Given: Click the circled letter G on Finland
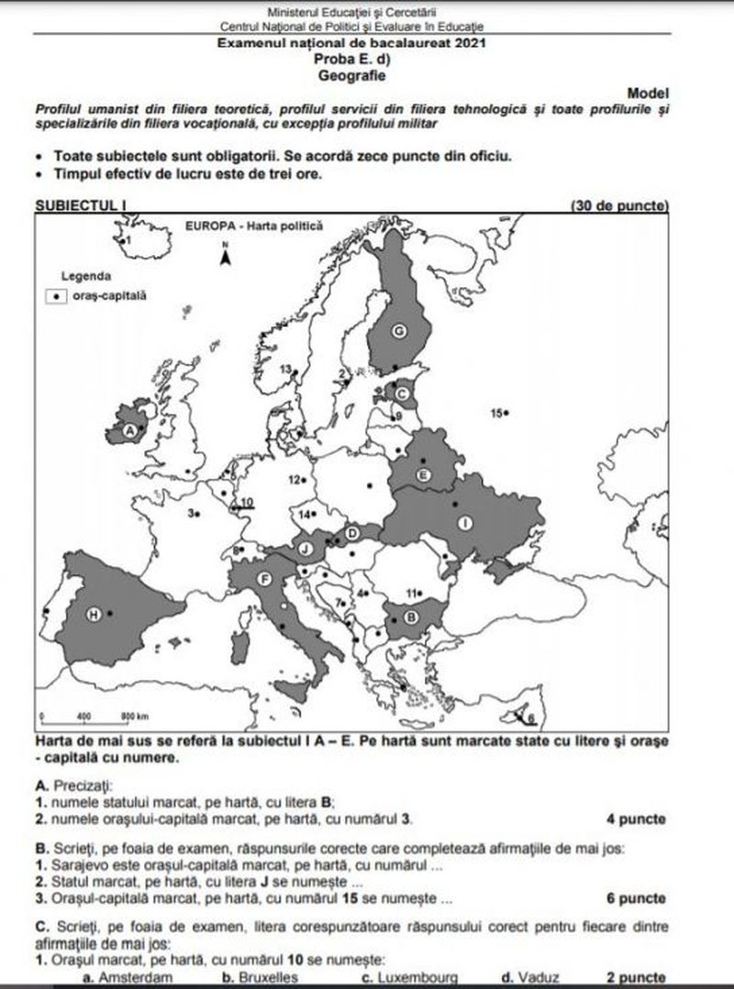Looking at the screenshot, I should (x=399, y=331).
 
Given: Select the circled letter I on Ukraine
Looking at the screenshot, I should (x=465, y=523).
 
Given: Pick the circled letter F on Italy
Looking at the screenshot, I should (x=264, y=578).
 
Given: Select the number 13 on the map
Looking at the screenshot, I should (x=285, y=370).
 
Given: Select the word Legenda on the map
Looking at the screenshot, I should (x=87, y=275).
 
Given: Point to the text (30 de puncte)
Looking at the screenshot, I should (x=619, y=205).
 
